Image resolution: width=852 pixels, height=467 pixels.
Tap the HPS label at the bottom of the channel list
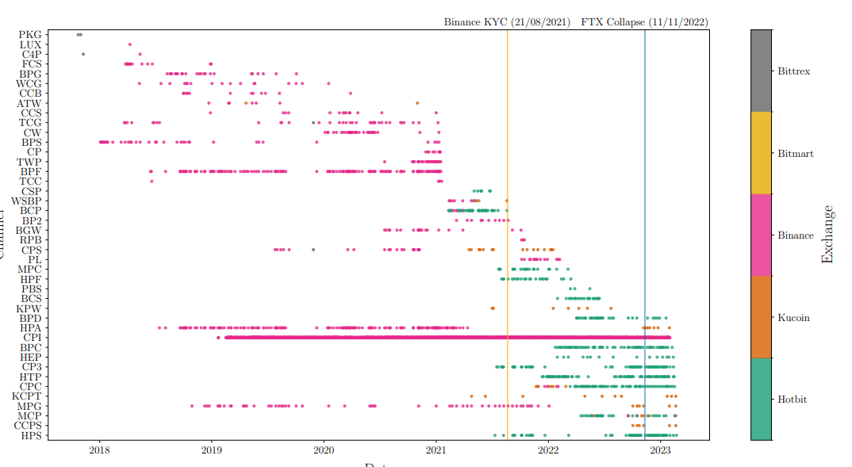pyautogui.click(x=31, y=435)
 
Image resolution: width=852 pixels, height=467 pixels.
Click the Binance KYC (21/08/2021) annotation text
pyautogui.click(x=507, y=22)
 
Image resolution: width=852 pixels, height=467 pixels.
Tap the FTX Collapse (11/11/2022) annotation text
pyautogui.click(x=644, y=22)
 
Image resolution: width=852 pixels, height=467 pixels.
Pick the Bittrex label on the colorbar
pyautogui.click(x=795, y=71)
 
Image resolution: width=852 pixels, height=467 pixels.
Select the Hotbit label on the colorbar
pyautogui.click(x=793, y=400)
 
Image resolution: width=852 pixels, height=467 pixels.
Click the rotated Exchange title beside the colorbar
pyautogui.click(x=827, y=235)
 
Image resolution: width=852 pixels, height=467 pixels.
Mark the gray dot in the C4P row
pyautogui.click(x=83, y=54)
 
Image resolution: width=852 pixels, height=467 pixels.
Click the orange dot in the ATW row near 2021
pyautogui.click(x=417, y=103)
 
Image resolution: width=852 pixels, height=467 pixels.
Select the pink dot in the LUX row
pyautogui.click(x=130, y=44)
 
